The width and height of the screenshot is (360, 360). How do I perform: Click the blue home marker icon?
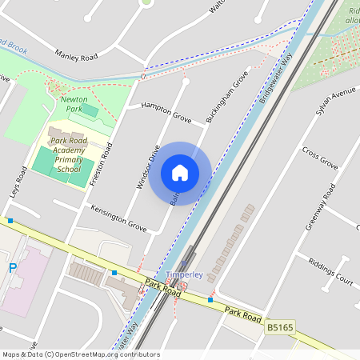point(180,172)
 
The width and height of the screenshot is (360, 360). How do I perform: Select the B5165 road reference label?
point(279,327)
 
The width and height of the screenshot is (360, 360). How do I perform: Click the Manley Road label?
point(76,56)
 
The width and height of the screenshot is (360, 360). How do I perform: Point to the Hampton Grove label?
point(166,112)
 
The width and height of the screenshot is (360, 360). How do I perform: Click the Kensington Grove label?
point(118,218)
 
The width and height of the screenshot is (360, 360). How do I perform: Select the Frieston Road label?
point(102,164)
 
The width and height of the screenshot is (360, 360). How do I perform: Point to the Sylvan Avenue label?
point(334,102)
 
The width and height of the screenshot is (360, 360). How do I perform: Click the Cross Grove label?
point(320,158)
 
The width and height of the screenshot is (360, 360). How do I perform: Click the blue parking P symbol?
point(12,268)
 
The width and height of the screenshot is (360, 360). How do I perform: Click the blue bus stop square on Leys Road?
point(10,220)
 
